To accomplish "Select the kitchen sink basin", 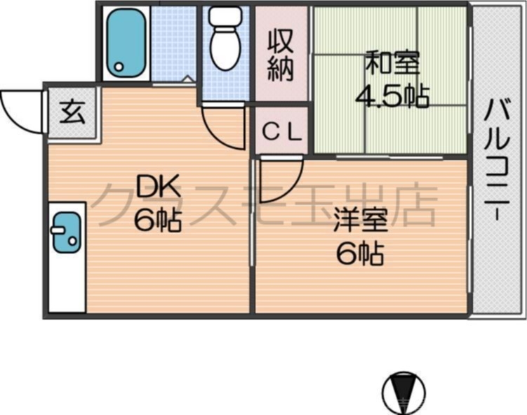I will tap(65, 232).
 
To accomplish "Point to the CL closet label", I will tap(281, 130).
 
